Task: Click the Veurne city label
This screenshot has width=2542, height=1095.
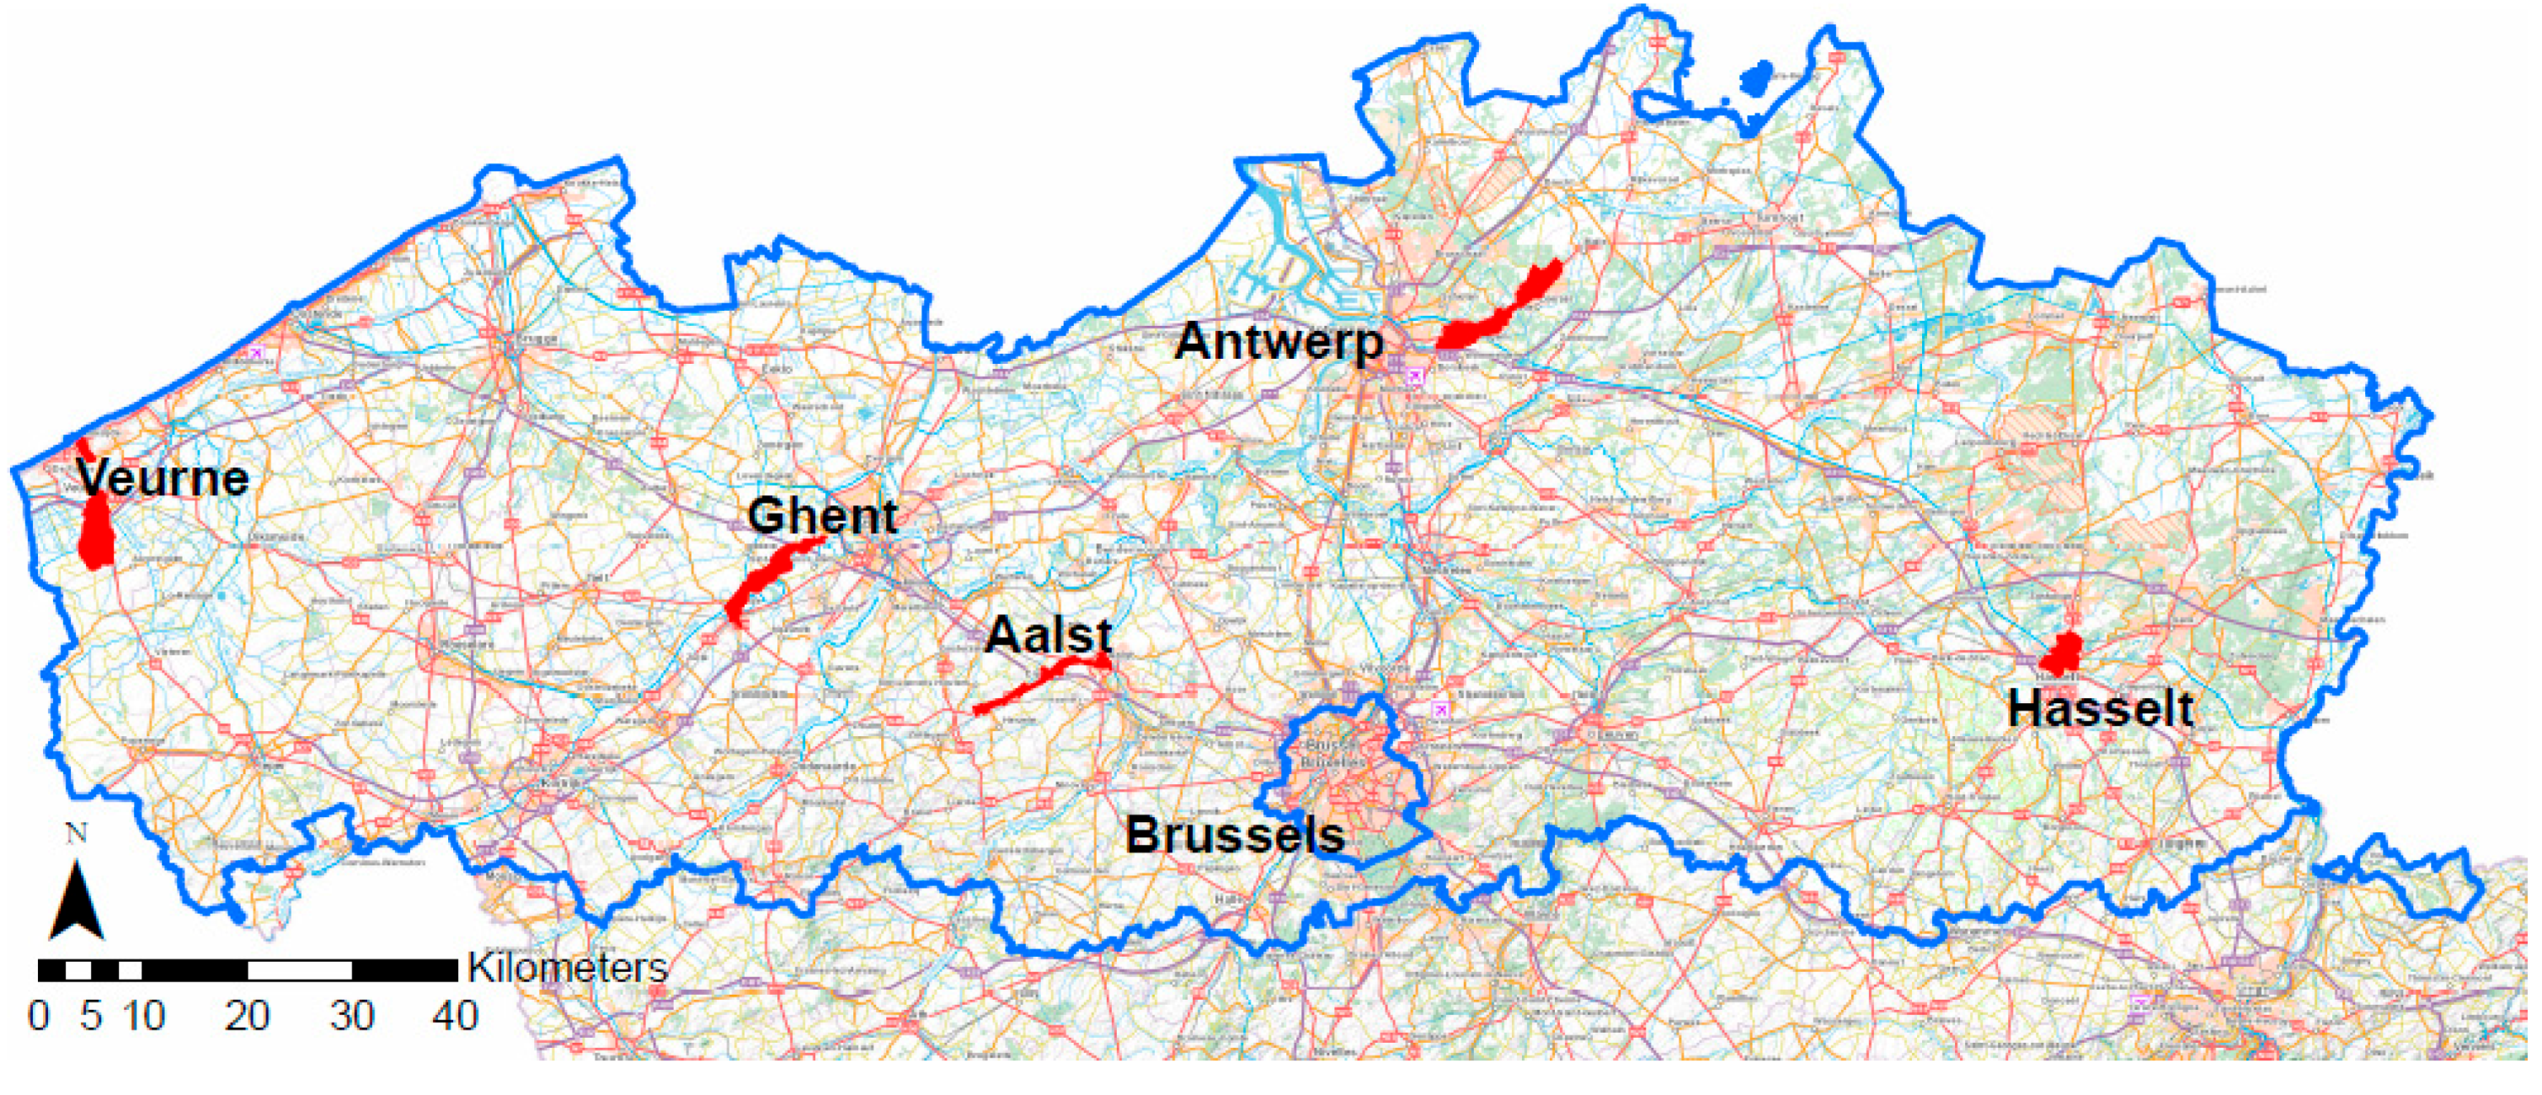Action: tap(163, 479)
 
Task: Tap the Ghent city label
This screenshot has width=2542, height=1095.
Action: tap(822, 516)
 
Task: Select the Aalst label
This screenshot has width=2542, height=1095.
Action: tap(1048, 634)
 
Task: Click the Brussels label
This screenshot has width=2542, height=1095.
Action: tap(1235, 835)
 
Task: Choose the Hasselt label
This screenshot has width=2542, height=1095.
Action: tap(2100, 708)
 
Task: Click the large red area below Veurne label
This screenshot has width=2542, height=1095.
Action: tap(96, 532)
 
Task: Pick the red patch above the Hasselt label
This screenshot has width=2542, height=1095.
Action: tap(2064, 654)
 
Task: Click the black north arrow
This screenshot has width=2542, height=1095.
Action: tap(76, 900)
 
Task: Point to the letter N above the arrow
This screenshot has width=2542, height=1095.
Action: tap(76, 834)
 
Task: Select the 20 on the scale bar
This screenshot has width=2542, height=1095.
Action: tap(247, 1015)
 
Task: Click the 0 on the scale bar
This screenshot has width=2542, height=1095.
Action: tap(39, 1015)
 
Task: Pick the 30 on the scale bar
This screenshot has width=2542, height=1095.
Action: tap(351, 1015)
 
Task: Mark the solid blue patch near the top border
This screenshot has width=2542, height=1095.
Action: tap(1754, 78)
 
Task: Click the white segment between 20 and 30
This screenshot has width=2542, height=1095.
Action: tap(299, 970)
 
